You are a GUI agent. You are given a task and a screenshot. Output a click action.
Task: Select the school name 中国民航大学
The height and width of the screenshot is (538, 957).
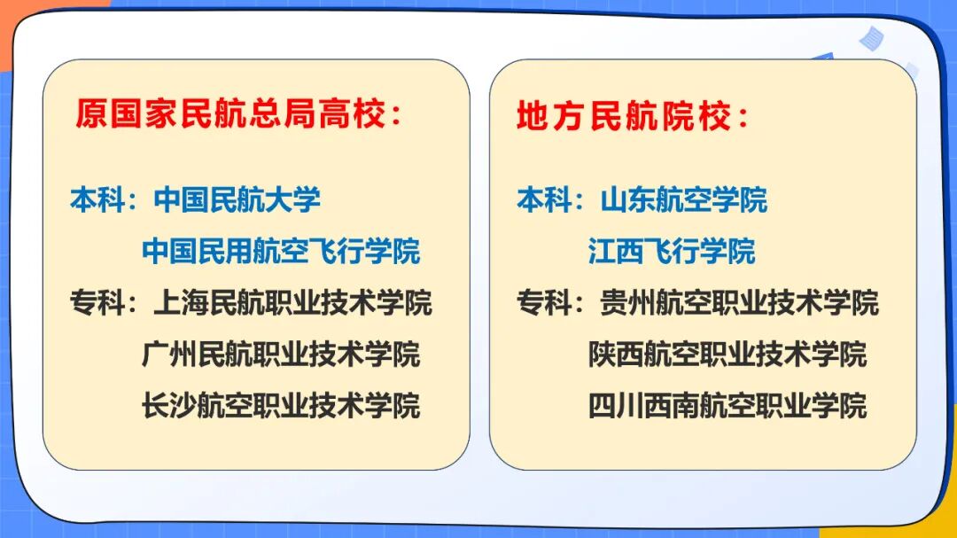(x=237, y=199)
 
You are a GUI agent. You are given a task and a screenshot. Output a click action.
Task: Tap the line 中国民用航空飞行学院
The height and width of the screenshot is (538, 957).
(x=281, y=251)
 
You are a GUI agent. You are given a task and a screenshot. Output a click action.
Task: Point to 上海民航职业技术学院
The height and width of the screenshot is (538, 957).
(x=292, y=302)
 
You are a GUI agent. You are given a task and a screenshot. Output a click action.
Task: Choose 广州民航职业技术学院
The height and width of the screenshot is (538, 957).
(x=281, y=354)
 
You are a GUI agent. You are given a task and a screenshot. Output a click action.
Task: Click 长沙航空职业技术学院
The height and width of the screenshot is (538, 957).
(x=281, y=405)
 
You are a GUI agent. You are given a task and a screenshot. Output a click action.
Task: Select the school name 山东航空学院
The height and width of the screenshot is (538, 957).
(x=683, y=199)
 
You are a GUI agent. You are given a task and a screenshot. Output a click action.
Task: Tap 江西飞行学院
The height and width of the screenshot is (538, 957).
(x=672, y=251)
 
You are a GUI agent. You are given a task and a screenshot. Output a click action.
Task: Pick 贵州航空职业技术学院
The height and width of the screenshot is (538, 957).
(x=739, y=302)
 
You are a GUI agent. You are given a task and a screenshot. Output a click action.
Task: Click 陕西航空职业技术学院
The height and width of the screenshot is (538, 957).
(x=727, y=354)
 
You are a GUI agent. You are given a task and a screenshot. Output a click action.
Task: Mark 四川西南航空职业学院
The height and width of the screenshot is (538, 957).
(x=727, y=405)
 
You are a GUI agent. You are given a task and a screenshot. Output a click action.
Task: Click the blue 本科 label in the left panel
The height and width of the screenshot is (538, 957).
(x=97, y=199)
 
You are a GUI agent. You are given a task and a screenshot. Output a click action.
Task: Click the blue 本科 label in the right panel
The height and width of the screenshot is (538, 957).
(x=544, y=199)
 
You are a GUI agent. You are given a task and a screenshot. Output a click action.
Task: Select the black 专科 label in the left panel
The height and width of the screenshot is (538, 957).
(x=97, y=302)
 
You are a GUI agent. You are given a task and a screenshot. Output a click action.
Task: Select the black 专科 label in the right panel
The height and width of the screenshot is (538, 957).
(x=544, y=302)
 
